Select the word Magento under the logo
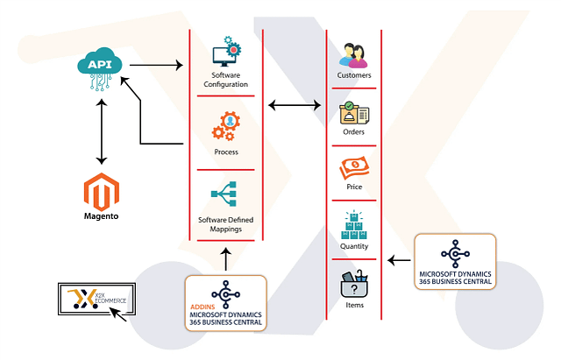click(101, 215)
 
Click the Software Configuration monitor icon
click(226, 52)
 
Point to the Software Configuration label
click(226, 79)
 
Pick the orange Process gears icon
click(225, 127)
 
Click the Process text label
click(226, 152)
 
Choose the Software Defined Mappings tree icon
click(225, 194)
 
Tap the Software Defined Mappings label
click(226, 223)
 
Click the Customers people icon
click(353, 54)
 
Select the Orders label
click(354, 132)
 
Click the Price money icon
click(354, 167)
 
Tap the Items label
click(354, 305)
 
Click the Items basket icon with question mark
click(354, 286)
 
